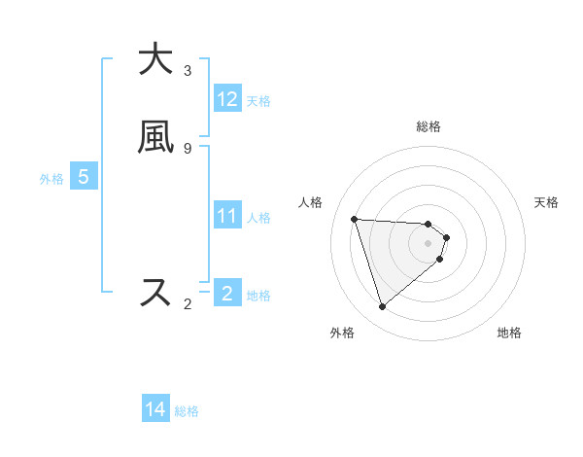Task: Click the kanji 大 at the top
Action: tap(155, 59)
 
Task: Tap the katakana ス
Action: tap(155, 292)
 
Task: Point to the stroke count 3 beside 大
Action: tap(188, 71)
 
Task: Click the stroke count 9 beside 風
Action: tap(188, 148)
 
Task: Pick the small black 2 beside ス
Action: tap(188, 304)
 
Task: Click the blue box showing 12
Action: tap(227, 99)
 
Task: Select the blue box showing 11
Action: tap(226, 216)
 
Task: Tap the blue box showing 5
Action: tap(84, 177)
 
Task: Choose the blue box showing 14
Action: tap(155, 410)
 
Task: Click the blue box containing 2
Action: tap(226, 294)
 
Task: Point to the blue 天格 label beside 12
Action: tap(258, 101)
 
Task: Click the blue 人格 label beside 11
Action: tap(258, 218)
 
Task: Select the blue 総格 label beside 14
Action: tap(187, 411)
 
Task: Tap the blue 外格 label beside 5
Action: tap(51, 179)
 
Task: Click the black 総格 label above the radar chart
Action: tap(428, 126)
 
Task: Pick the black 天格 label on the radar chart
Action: tap(546, 202)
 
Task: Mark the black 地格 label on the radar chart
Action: tap(509, 333)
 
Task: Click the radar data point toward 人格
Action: tap(355, 219)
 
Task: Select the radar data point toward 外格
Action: tap(382, 307)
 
